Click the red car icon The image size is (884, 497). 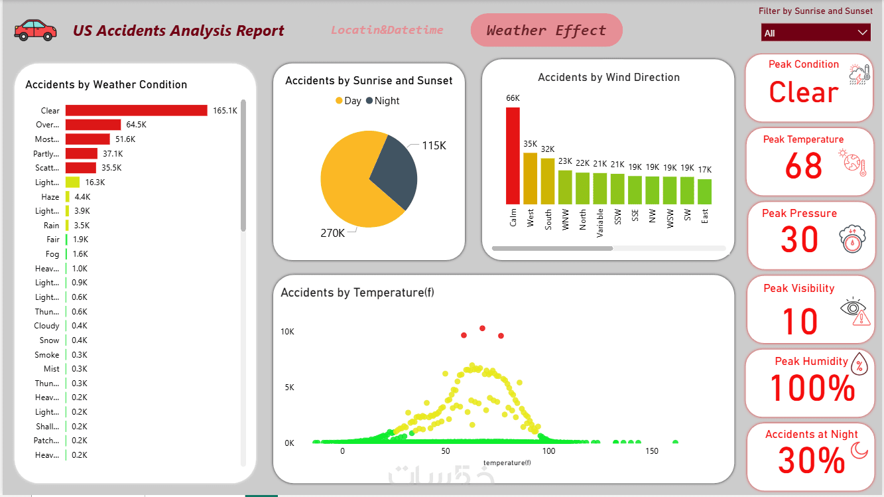36,30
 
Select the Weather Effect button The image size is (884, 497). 546,31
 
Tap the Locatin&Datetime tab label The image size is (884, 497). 387,30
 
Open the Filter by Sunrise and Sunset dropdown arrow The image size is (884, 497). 862,33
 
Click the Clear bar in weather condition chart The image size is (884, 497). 136,111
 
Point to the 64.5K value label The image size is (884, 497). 136,125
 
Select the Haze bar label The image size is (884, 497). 50,197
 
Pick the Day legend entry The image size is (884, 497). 348,101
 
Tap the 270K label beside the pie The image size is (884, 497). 333,233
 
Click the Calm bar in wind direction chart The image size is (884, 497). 513,156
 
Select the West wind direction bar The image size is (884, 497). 530,178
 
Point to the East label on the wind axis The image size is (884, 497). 704,216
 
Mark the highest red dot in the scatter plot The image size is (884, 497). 482,328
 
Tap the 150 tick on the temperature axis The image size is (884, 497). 652,451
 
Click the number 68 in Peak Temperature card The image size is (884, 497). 803,166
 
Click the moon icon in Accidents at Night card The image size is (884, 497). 859,451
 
